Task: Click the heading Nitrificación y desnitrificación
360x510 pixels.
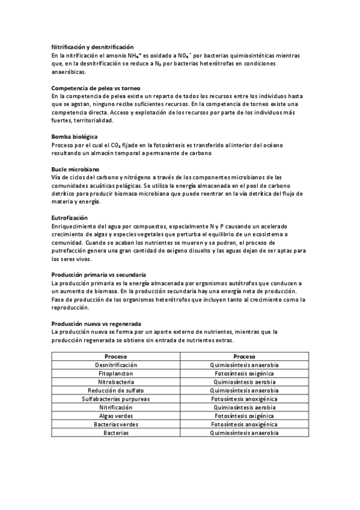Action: (x=93, y=47)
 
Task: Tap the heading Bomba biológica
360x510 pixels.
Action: (x=75, y=137)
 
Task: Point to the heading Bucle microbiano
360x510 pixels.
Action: (x=75, y=170)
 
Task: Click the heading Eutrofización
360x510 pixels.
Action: (x=70, y=217)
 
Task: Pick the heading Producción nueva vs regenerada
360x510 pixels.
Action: (x=96, y=323)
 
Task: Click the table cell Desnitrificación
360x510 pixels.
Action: (x=116, y=365)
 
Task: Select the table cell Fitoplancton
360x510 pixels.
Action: (x=116, y=373)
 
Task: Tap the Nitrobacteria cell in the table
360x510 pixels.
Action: (x=116, y=382)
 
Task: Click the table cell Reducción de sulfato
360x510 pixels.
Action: (x=116, y=390)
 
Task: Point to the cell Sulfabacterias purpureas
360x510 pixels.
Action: (x=116, y=399)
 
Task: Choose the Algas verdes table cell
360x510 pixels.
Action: (x=116, y=416)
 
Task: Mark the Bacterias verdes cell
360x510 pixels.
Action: (x=116, y=424)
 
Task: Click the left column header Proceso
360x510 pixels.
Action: (x=116, y=356)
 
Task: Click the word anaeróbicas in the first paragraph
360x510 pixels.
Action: (x=69, y=70)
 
